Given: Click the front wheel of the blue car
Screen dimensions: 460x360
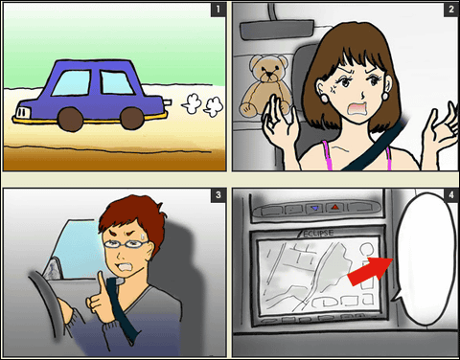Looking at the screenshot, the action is (x=71, y=119).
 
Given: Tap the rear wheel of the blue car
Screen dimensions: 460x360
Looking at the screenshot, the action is (x=132, y=119).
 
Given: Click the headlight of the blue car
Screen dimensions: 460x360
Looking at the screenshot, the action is (x=23, y=113).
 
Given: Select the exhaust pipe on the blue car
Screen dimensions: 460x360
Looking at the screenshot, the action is (x=168, y=102).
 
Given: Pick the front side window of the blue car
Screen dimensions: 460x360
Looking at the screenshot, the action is (x=71, y=83).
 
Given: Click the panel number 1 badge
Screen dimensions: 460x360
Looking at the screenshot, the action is (x=218, y=10).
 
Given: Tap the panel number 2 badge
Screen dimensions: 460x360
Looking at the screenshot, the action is (x=450, y=10).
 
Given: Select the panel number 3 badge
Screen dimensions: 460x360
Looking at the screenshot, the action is (x=218, y=194).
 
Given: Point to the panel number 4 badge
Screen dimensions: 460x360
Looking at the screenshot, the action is (x=450, y=194).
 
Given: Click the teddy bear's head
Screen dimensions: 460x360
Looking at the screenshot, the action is (x=269, y=69).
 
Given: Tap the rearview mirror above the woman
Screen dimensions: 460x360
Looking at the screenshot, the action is (x=277, y=29).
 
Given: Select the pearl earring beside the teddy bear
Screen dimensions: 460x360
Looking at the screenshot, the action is (x=325, y=98).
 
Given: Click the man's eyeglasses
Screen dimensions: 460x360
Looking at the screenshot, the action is (x=126, y=244).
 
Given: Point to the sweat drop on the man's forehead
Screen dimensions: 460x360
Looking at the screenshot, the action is (x=143, y=236).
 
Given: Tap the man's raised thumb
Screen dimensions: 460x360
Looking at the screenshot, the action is (x=101, y=282).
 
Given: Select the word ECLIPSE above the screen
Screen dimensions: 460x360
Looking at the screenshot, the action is (x=317, y=234).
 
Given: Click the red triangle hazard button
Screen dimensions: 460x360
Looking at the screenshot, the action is (x=334, y=208).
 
